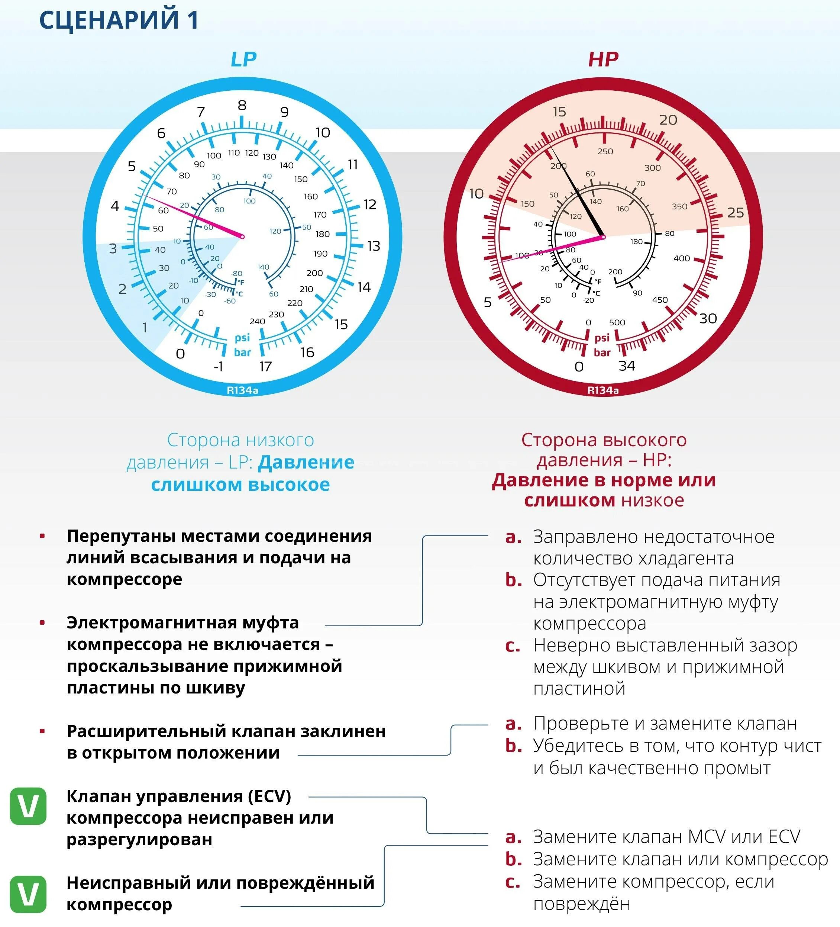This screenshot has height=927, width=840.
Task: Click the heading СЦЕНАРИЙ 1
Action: [x=119, y=20]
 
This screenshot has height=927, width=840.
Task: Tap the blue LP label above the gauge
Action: [x=243, y=59]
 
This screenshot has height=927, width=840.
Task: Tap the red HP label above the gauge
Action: [x=603, y=59]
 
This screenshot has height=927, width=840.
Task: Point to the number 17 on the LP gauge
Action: [x=266, y=367]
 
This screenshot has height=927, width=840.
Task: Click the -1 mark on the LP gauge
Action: [x=218, y=367]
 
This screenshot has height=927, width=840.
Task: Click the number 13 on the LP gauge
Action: [x=374, y=246]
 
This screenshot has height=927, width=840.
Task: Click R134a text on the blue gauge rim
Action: [x=243, y=390]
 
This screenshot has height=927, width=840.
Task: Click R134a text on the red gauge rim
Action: [x=603, y=390]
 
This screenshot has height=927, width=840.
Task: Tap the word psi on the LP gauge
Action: [x=242, y=338]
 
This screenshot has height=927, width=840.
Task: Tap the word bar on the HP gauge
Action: [x=602, y=353]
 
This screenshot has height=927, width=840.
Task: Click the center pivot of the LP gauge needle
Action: [x=243, y=237]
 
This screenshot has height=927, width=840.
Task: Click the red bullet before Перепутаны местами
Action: [x=42, y=536]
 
